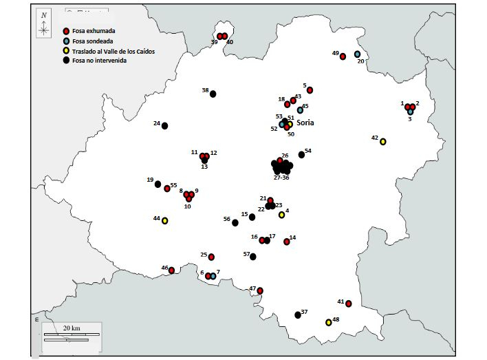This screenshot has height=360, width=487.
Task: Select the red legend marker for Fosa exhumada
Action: click(x=66, y=32)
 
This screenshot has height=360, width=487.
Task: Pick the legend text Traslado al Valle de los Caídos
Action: click(x=118, y=51)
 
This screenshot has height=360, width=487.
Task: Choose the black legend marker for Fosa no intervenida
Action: click(x=66, y=61)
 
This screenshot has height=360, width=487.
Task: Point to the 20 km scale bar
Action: click(x=66, y=337)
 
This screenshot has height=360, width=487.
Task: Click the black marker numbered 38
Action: click(x=213, y=94)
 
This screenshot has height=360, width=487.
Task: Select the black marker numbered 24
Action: click(x=164, y=126)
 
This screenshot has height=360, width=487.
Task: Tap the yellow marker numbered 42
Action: click(x=383, y=142)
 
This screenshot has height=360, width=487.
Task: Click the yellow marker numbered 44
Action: click(x=165, y=220)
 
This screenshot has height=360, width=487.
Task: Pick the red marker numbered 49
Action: click(x=343, y=56)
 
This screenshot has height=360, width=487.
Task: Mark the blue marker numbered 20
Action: click(x=357, y=54)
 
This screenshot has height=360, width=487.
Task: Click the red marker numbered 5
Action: click(x=310, y=90)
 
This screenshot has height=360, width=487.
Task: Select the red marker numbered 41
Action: click(x=349, y=304)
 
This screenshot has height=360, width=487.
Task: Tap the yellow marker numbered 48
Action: click(x=329, y=322)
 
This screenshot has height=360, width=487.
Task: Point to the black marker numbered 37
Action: click(x=298, y=315)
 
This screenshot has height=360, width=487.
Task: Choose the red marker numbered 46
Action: click(x=172, y=271)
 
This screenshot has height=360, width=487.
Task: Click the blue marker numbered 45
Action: click(x=300, y=110)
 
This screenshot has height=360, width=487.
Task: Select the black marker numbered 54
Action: click(x=301, y=155)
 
